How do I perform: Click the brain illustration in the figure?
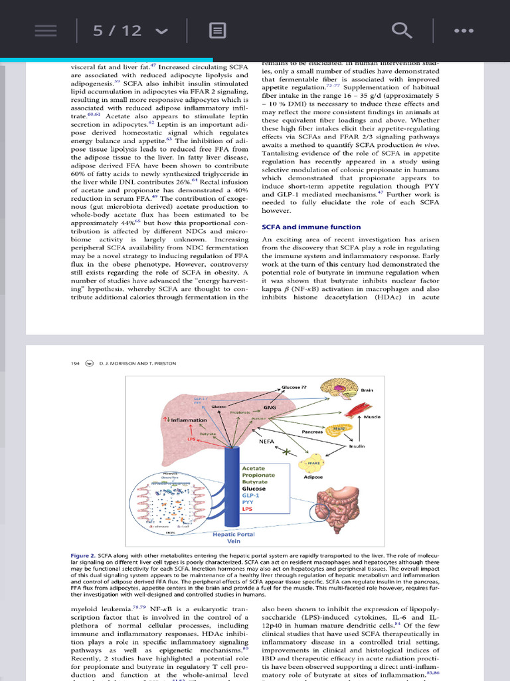click(341, 388)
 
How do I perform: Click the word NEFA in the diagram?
click(267, 441)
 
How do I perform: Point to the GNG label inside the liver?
click(270, 406)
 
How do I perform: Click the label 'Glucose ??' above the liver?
click(294, 387)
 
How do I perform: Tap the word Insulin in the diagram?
click(357, 446)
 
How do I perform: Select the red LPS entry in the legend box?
click(248, 509)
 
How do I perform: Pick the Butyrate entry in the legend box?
click(254, 481)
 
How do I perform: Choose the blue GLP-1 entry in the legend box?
click(251, 495)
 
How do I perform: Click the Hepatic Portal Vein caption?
click(233, 537)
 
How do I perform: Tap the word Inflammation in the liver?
click(188, 420)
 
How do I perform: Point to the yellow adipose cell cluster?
click(314, 464)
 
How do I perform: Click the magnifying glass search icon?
click(401, 30)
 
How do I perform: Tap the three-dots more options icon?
click(464, 30)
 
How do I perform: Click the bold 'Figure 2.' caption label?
click(84, 555)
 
